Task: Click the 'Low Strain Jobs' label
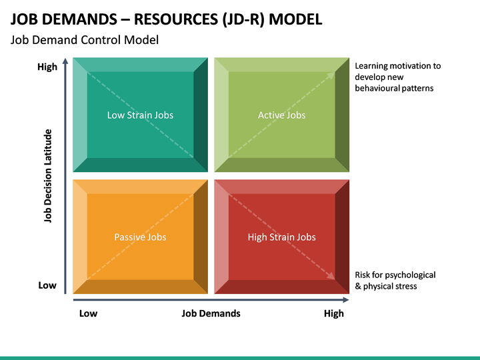point(140,115)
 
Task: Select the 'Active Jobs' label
point(281,115)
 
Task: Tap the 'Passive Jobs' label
point(140,237)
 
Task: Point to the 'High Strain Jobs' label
point(281,237)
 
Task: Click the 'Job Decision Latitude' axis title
point(48,176)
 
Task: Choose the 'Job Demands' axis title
point(211,313)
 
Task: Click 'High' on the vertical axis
point(47,67)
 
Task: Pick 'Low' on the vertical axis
point(47,285)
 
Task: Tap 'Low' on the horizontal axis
point(88,313)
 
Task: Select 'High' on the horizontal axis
point(334,313)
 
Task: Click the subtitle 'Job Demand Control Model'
point(85,40)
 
